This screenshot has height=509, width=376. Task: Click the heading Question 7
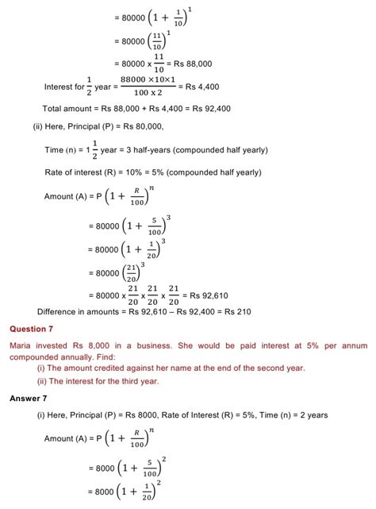(33, 328)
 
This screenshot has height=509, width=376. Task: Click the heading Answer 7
(29, 398)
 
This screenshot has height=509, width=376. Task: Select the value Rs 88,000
(193, 63)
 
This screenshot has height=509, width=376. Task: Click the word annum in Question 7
(354, 345)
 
